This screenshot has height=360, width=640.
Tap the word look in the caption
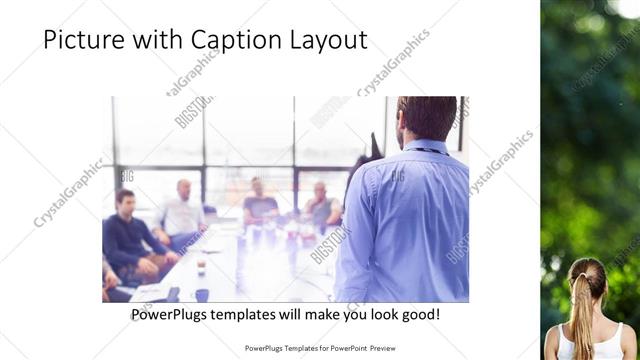click(x=374, y=314)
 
